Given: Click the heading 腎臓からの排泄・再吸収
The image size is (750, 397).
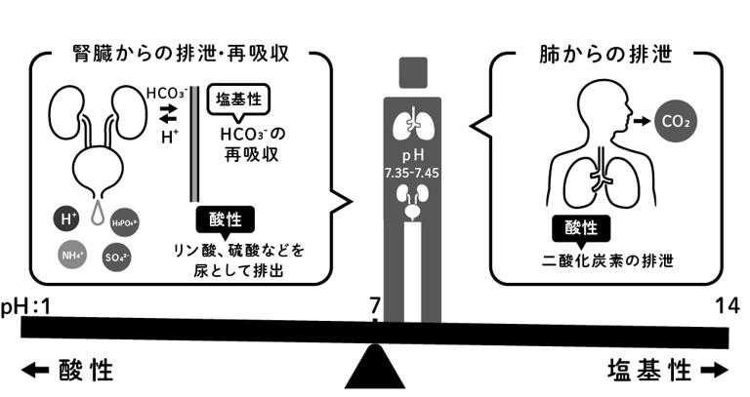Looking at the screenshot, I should pos(181,52).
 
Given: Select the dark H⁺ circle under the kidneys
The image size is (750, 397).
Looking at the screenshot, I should pos(67,218).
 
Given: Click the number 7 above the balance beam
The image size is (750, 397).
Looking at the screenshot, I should pos(374,306).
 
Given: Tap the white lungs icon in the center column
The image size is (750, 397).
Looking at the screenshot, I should pos(411,124).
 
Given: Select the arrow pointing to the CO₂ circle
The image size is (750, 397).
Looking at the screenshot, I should pos(642,122).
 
